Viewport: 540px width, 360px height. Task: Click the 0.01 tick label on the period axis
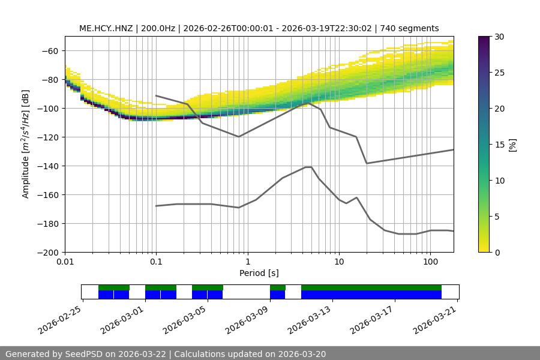pyautogui.click(x=65, y=262)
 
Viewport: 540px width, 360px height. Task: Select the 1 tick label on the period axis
pyautogui.click(x=247, y=262)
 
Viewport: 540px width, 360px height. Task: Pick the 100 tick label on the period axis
pyautogui.click(x=430, y=262)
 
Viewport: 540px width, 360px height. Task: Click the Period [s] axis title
pyautogui.click(x=259, y=274)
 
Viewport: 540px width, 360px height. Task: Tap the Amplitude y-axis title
pyautogui.click(x=26, y=144)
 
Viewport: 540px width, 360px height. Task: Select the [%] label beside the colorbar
pyautogui.click(x=512, y=144)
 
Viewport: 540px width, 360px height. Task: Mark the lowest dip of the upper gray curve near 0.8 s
pyautogui.click(x=239, y=136)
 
